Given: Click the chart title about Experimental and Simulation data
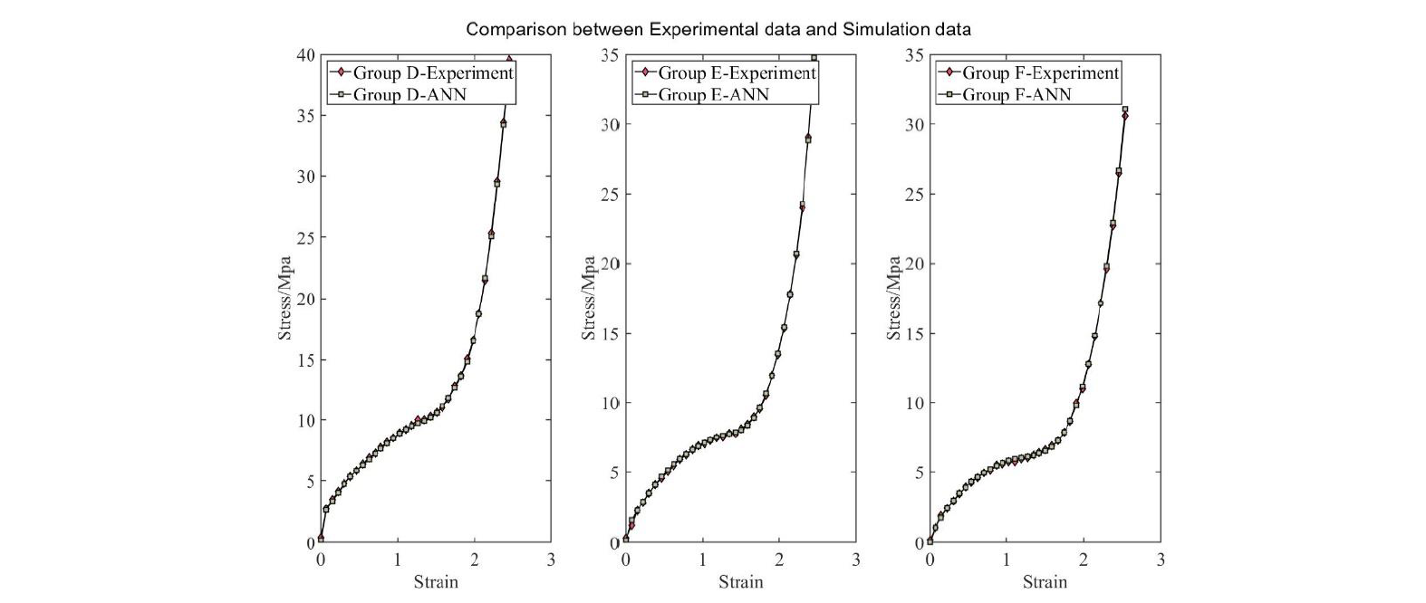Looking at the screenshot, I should pos(718,29).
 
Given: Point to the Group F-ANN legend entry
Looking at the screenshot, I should pos(1016,94).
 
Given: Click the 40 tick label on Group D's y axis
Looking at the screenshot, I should pos(305,55).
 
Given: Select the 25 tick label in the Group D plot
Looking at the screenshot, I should pos(305,238).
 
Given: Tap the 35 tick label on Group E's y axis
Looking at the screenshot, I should pos(610,55).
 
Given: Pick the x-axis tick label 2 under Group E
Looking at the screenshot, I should pos(779,560).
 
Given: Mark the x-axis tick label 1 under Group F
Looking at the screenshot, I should pos(1007,560).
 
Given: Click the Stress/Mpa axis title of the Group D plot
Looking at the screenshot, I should pos(285,299).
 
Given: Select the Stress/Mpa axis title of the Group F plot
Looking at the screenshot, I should pos(894,299).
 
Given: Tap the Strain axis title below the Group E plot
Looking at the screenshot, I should pos(740,582).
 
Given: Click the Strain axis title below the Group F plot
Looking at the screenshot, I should pos(1045,582).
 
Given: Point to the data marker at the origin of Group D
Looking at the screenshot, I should pos(321,538).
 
